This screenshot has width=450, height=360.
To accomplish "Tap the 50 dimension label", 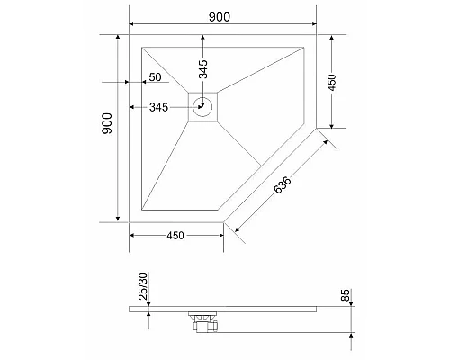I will (x=155, y=77).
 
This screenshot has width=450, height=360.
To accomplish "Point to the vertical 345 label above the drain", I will (x=203, y=68).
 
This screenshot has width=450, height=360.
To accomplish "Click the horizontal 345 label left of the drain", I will (x=158, y=108).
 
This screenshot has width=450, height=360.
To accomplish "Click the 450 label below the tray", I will (x=175, y=236).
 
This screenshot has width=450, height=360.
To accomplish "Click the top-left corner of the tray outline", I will (x=130, y=36).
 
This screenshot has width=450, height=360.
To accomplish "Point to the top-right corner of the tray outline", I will (x=316, y=36).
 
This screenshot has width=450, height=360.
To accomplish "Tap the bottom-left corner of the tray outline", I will (x=130, y=220).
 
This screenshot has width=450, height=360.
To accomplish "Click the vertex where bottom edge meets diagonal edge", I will (x=223, y=220).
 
